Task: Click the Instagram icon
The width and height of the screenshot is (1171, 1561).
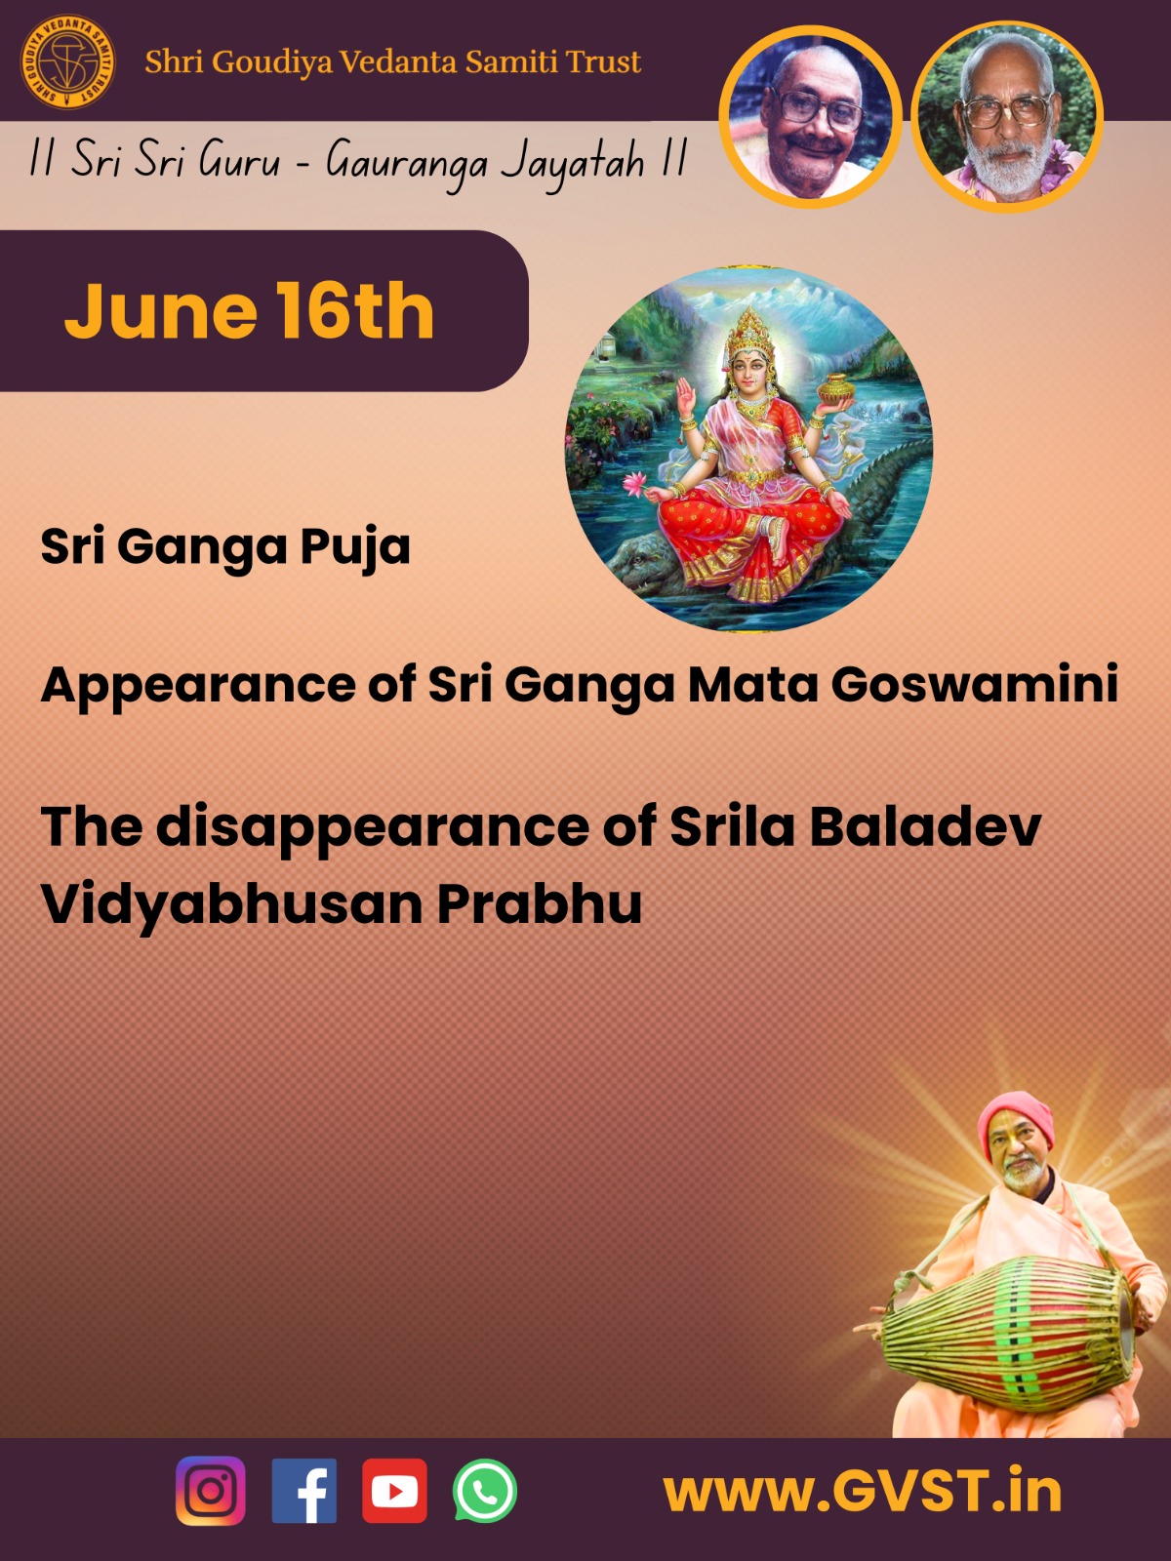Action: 211,1491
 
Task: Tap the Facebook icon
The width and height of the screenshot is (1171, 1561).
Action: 304,1491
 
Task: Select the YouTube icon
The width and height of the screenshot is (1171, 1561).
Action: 394,1491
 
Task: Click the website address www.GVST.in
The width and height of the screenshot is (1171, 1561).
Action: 863,1491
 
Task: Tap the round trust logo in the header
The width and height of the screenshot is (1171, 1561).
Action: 67,62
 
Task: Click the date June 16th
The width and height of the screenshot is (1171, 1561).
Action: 249,311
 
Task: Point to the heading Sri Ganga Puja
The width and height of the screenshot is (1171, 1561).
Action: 225,547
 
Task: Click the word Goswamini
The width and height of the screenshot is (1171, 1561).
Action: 975,685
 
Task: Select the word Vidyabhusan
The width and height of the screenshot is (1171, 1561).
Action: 232,904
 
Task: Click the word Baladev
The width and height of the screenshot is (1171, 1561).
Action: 925,826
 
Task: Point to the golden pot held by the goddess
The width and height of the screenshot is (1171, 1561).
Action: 835,389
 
